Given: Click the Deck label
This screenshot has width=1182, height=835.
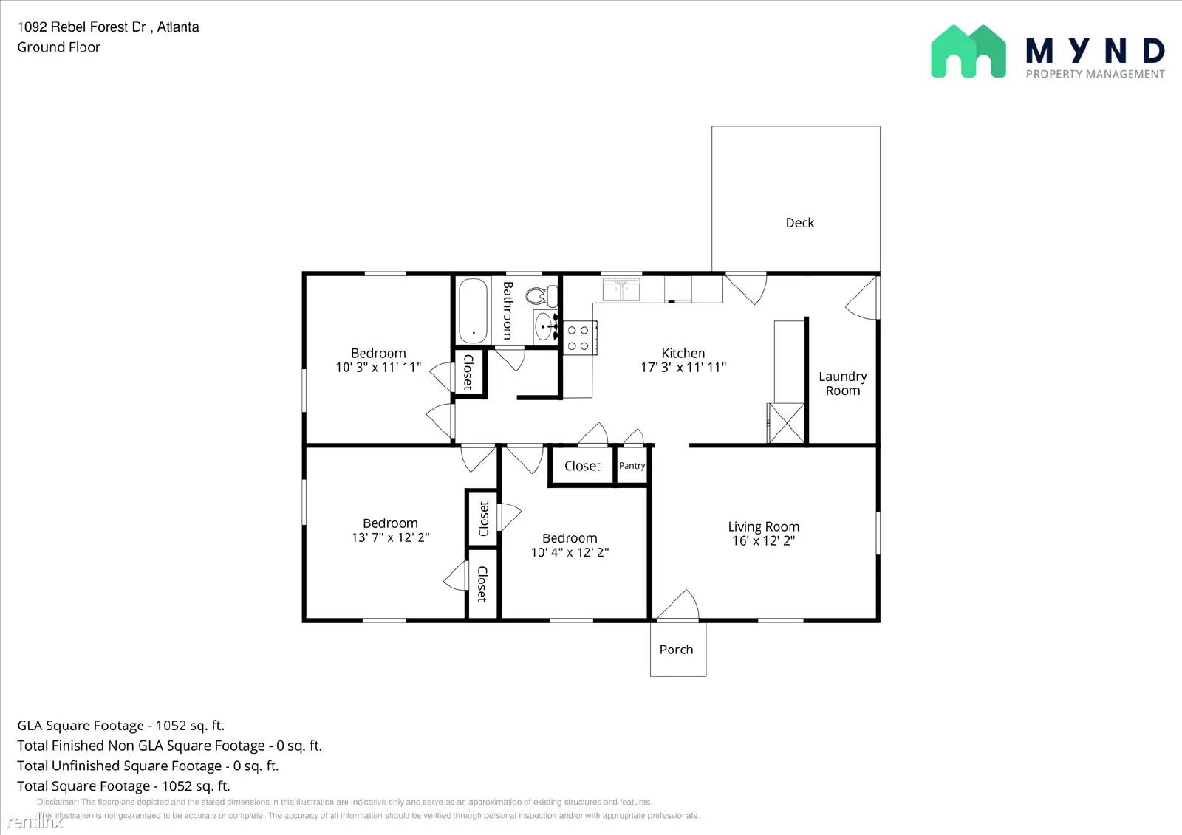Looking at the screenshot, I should (799, 222).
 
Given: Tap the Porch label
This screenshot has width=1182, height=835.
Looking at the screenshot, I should (676, 649).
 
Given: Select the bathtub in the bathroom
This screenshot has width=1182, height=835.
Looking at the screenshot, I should (471, 310).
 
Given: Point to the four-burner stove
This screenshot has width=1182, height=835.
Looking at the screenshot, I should (578, 338).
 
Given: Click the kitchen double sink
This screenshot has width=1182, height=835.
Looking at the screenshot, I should (621, 289).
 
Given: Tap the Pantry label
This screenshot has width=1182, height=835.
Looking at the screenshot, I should (632, 466).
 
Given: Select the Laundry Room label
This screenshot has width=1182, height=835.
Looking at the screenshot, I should (842, 383).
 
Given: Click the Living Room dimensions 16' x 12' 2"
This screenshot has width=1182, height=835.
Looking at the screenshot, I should (763, 540).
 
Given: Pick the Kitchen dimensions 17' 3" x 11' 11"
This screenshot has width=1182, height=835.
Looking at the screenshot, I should (683, 367).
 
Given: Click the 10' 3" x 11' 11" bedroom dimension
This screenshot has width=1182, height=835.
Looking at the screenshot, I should (378, 367).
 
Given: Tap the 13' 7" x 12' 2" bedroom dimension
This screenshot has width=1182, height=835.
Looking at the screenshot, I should (390, 537).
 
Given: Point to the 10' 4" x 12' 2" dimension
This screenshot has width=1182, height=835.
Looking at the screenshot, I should (570, 552).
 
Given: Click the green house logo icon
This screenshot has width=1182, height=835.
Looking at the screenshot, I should (968, 52).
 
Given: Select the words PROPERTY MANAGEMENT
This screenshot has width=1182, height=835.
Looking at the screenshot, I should (1095, 74).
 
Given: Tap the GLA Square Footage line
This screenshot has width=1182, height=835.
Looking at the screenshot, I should (120, 725).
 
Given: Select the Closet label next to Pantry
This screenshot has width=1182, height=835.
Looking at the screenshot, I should (582, 466).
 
